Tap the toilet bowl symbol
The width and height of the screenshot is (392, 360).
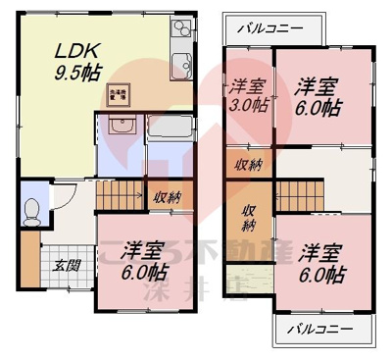point(33,209)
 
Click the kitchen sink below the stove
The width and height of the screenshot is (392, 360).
point(181,67)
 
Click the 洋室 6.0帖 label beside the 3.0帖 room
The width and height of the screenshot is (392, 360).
point(318,95)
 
